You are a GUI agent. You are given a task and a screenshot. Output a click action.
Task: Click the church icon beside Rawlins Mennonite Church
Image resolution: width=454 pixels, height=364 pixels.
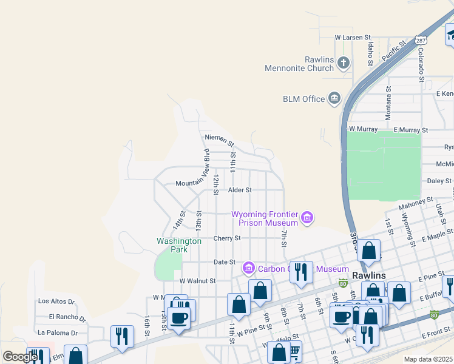point(344,62)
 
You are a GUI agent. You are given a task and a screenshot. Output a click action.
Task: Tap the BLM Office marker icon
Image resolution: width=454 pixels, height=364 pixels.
point(334,98)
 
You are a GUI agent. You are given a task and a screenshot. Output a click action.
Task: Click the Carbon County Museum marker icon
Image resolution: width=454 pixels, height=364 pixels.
point(248,268)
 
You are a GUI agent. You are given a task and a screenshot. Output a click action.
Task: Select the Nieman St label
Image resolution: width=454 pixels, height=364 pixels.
point(219,141)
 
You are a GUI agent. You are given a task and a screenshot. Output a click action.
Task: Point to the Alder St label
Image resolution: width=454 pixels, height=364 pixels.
point(240,190)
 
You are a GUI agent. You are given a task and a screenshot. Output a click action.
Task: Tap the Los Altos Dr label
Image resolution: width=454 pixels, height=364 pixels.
point(56,301)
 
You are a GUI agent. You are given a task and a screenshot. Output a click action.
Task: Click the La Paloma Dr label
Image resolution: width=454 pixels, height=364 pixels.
point(58,332)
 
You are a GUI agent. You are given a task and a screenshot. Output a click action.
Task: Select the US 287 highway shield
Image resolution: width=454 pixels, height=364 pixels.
point(421,40)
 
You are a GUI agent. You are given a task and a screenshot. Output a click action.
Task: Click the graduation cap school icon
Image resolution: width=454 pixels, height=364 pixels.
point(450,35)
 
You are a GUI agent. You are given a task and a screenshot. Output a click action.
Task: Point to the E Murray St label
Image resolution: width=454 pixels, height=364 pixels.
point(411,130)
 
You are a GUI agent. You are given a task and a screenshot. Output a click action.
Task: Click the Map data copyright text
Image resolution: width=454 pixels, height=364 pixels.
point(429,359)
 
